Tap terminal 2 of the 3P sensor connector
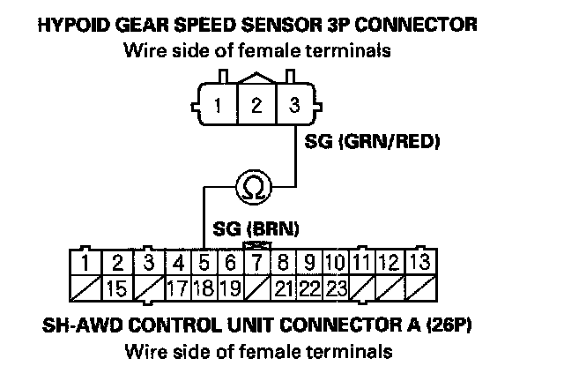click(x=256, y=107)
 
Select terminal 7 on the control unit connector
click(x=256, y=262)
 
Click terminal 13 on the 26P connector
click(x=420, y=262)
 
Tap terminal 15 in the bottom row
click(x=116, y=287)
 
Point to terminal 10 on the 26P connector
click(x=334, y=262)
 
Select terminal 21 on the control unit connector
click(x=284, y=287)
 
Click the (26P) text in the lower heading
click(x=450, y=325)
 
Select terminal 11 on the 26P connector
click(x=361, y=262)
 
